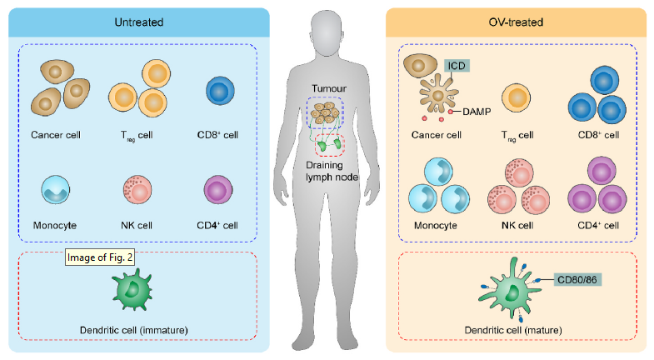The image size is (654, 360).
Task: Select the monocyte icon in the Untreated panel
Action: (56, 191)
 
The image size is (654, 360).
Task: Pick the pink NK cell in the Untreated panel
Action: (138, 191)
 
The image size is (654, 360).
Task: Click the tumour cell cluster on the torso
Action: (327, 113)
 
